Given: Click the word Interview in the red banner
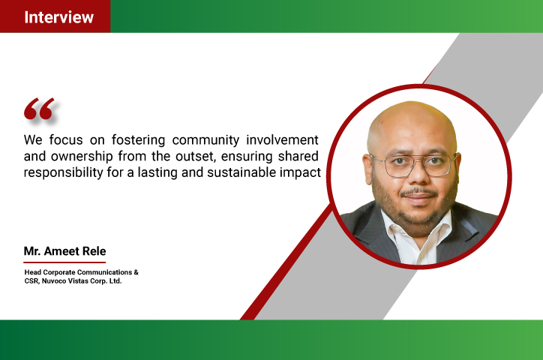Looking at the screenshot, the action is point(58,17).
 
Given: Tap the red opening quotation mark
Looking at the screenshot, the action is point(39,109).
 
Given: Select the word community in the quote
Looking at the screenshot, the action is point(205,140).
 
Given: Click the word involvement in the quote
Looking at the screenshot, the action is point(282,139).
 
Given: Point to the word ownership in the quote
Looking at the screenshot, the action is point(82,157).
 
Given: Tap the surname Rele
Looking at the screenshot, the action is point(94,251).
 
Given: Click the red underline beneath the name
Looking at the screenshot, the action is point(64,262).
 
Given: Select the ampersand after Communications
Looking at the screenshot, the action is point(136,272).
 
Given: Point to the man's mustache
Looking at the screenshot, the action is point(419,191).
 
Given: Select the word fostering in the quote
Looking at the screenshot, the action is point(138,140).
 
